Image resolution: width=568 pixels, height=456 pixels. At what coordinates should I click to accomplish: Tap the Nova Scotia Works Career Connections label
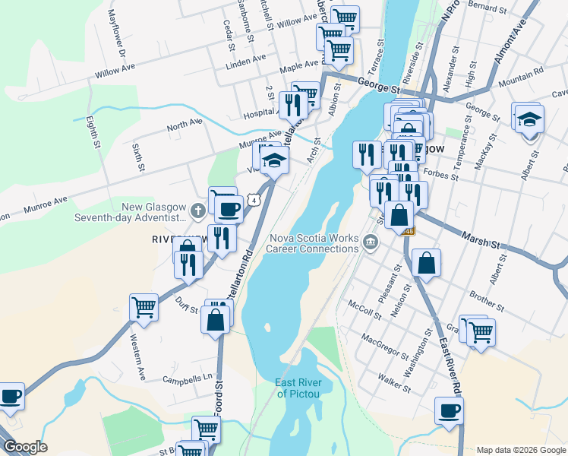314,243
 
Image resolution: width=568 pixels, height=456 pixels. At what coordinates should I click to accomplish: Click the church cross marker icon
198,210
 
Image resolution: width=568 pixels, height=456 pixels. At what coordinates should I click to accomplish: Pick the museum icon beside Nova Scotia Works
370,243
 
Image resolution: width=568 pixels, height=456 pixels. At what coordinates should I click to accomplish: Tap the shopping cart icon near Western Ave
144,307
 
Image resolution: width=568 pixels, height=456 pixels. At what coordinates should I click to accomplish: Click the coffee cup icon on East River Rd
448,411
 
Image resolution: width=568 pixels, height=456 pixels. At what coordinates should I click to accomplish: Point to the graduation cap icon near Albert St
529,119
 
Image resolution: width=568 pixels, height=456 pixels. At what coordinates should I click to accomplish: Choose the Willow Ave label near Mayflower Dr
115,73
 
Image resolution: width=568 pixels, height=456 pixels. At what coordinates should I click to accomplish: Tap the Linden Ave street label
246,59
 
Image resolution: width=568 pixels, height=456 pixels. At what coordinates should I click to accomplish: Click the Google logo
25,447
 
